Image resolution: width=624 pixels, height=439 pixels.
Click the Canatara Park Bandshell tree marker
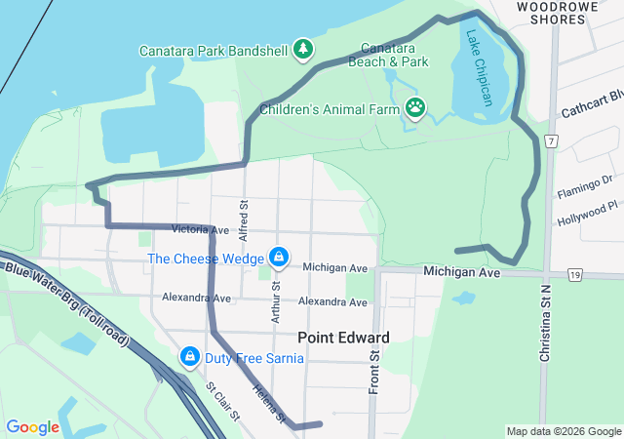click(x=303, y=48)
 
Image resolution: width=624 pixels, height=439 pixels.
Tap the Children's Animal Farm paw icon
click(x=415, y=106)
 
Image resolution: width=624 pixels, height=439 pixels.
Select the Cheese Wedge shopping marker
click(x=279, y=258)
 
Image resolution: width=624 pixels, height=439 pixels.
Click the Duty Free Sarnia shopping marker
click(x=191, y=358)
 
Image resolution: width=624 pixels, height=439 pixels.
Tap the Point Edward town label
click(x=343, y=338)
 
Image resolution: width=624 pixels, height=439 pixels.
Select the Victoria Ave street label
click(x=199, y=230)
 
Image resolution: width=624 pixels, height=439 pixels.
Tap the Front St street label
click(x=374, y=370)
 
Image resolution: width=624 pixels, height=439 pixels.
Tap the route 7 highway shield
click(x=552, y=141)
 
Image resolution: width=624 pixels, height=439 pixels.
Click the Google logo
click(x=32, y=427)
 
